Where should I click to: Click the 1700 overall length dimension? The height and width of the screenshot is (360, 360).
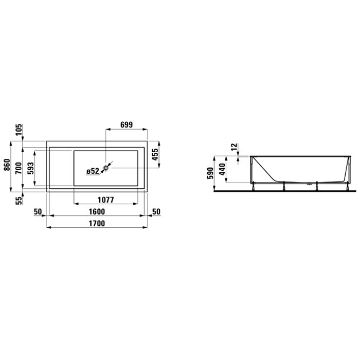97,223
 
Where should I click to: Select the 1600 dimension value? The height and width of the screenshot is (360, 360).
97,211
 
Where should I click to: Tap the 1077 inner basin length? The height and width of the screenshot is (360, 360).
105,200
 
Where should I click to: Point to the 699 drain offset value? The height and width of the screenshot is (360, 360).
127,124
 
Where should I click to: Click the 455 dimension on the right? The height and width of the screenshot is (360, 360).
155,154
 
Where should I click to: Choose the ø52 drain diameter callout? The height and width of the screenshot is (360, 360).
93,171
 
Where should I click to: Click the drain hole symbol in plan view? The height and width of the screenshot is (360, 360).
105,168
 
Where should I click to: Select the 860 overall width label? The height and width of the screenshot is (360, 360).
7,165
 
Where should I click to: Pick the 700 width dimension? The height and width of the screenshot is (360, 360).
19,168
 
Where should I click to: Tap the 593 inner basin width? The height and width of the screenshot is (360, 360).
30,168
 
